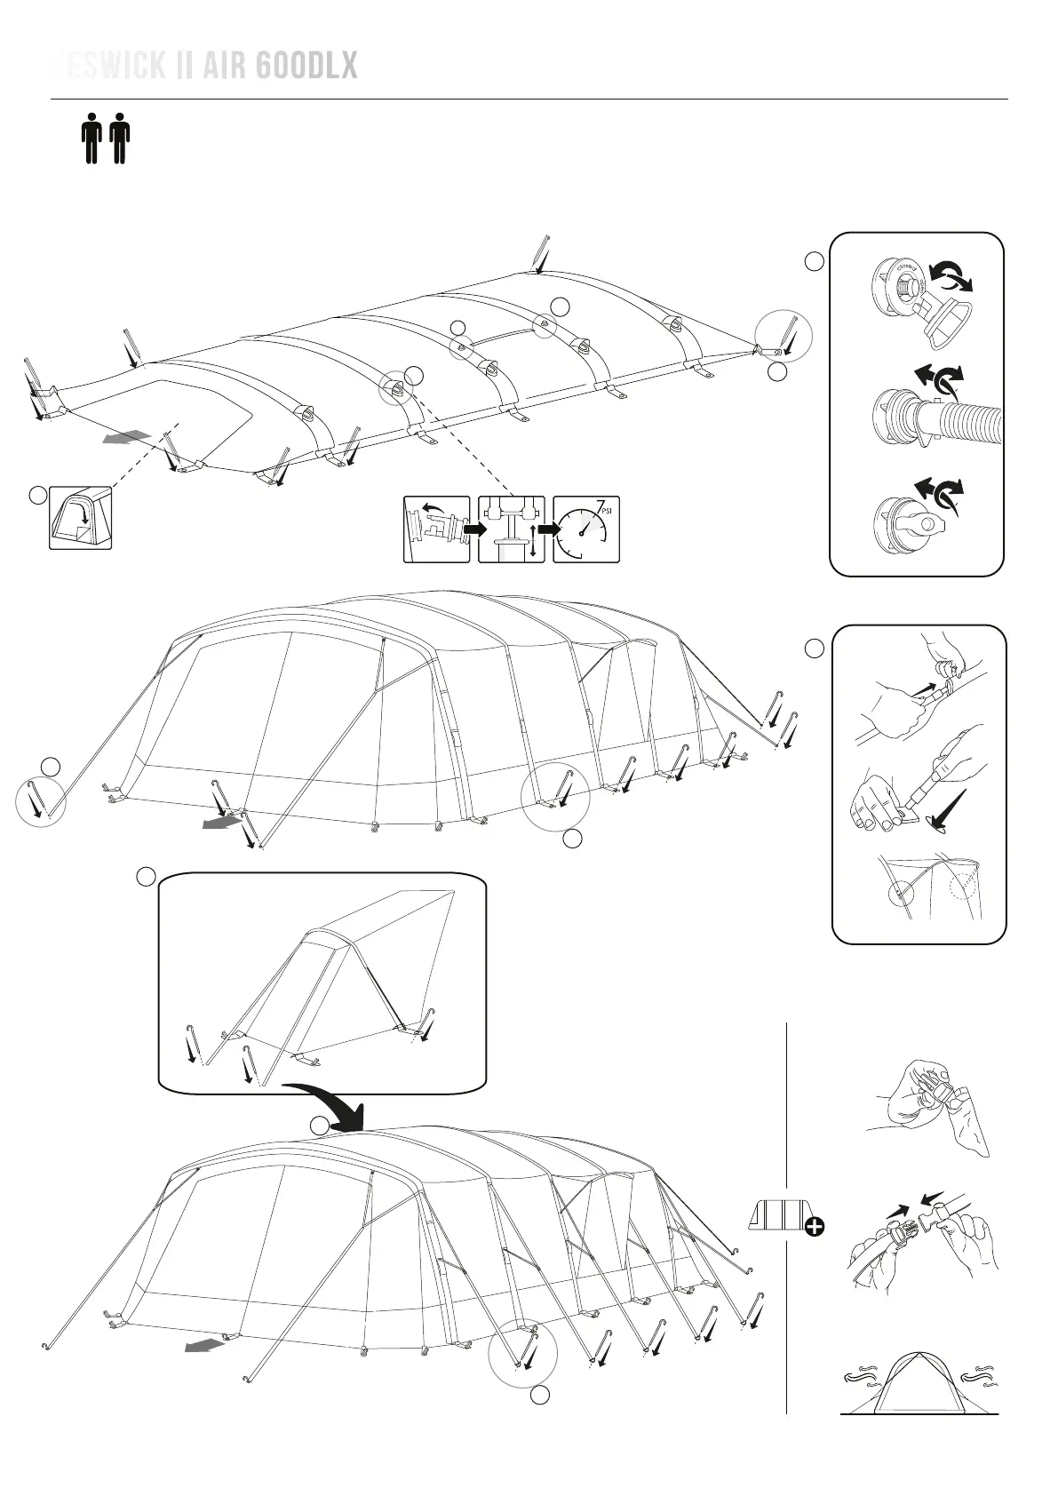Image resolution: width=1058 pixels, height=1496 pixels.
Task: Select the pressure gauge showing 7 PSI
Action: (x=585, y=529)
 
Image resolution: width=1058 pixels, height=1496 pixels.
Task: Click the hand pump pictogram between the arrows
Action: (x=511, y=529)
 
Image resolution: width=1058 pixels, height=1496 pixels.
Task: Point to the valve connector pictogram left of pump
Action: (x=436, y=529)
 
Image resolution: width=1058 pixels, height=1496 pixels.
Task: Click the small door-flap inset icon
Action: (x=80, y=518)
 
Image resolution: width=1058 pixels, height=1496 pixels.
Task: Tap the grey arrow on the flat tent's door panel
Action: (x=124, y=437)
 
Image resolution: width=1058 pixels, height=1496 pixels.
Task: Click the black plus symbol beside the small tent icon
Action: (x=813, y=1228)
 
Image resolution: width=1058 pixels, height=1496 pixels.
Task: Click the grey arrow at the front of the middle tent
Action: (x=222, y=822)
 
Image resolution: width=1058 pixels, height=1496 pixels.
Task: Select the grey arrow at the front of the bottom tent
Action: (x=204, y=1346)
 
